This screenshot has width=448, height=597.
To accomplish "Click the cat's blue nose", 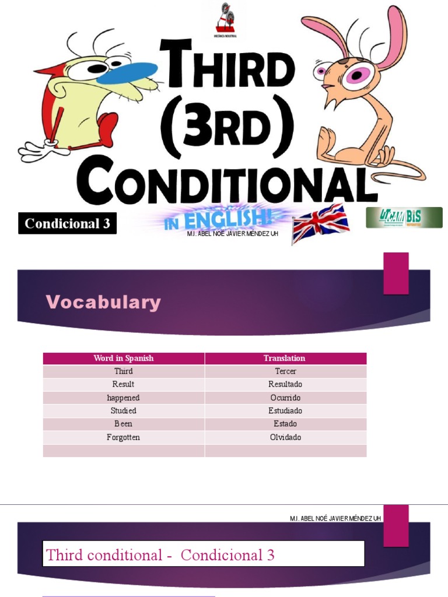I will (x=127, y=73).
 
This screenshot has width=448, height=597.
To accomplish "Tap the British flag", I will (x=320, y=223).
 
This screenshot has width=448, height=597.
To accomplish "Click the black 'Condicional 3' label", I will (x=68, y=224).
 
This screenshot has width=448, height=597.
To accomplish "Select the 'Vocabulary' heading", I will (x=103, y=302).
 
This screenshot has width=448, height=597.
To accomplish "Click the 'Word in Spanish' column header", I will (x=124, y=358).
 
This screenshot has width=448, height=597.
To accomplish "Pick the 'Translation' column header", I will (x=285, y=358).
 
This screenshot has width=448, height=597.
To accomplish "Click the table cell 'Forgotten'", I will (x=124, y=437).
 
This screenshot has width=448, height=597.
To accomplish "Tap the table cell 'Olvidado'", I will (x=285, y=437).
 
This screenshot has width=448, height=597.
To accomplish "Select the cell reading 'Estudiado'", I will (x=285, y=411).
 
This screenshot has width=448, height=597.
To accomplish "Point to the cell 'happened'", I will (x=124, y=398).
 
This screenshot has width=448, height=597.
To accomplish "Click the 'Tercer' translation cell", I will (x=285, y=371).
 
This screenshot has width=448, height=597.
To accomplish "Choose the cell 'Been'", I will (x=124, y=424).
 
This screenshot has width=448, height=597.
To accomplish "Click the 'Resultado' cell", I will (x=285, y=384).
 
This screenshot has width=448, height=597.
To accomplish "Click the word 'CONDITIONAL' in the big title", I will (x=227, y=178).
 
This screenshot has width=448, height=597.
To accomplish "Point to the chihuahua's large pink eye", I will (x=356, y=75).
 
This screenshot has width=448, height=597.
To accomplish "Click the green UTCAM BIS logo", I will (x=404, y=217).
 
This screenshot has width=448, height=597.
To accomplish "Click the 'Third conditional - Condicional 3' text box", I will (x=204, y=554).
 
